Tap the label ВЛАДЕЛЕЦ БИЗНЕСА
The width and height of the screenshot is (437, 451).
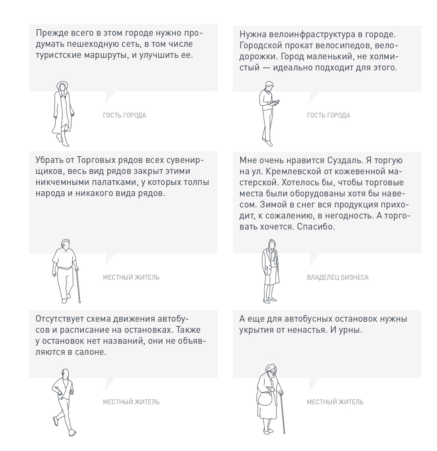pos(337,278)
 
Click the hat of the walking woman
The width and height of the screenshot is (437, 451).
pos(62,85)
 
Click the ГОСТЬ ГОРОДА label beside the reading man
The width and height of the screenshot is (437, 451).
pos(328,115)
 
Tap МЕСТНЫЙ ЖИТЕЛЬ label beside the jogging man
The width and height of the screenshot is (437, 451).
pos(131,402)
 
